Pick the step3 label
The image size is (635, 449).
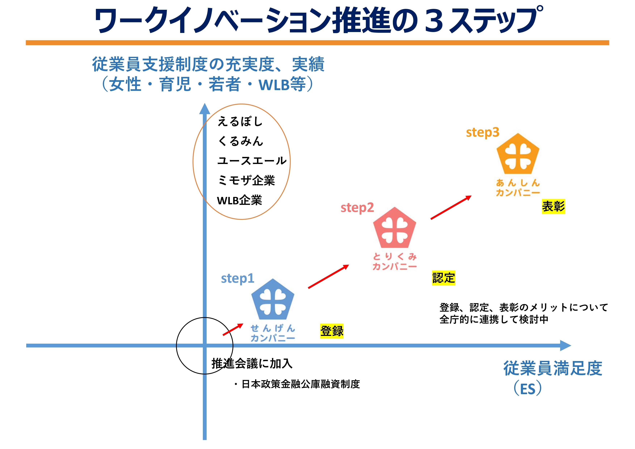pyautogui.click(x=483, y=132)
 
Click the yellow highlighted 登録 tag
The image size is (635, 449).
pyautogui.click(x=332, y=331)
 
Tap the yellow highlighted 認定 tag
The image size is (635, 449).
pyautogui.click(x=443, y=278)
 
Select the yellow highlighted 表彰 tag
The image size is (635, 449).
pyautogui.click(x=553, y=206)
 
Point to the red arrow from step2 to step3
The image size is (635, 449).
pyautogui.click(x=451, y=207)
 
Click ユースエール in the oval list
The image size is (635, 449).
pyautogui.click(x=252, y=161)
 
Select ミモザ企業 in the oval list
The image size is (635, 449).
pyautogui.click(x=246, y=181)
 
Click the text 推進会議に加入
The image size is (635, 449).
pyautogui.click(x=252, y=364)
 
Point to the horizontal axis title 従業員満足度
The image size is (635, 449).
pyautogui.click(x=553, y=368)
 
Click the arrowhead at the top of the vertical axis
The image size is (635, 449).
pyautogui.click(x=205, y=109)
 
